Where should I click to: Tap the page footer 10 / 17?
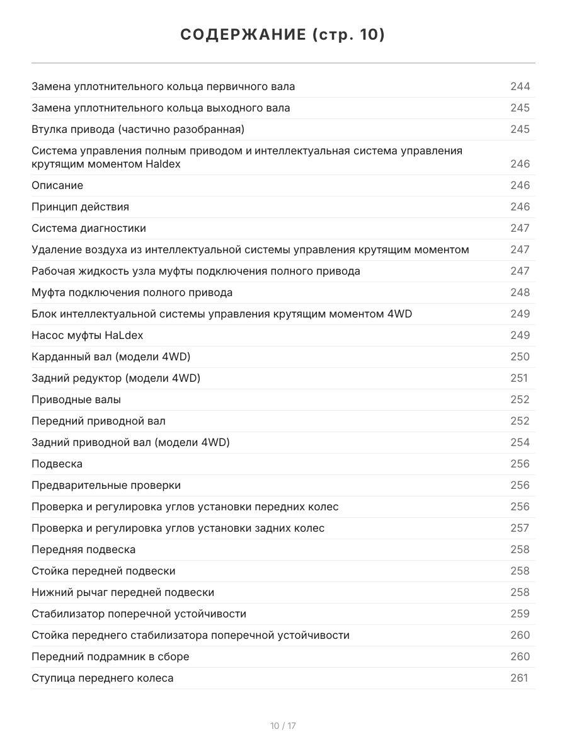283,726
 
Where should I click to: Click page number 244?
520,86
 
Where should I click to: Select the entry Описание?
57,185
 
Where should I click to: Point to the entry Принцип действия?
80,207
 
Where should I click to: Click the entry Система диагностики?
88,228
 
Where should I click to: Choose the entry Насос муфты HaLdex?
83,335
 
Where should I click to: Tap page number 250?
520,357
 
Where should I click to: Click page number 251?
518,378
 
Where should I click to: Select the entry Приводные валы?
76,399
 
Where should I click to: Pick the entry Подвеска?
57,464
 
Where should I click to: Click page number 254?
520,442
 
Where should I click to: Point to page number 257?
520,528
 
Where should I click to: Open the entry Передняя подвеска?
83,549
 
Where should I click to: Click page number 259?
520,614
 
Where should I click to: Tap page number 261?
518,678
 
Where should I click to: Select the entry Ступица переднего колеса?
102,678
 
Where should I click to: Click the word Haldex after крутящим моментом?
163,164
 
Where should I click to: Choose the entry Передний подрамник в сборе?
110,656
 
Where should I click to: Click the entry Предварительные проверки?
106,485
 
